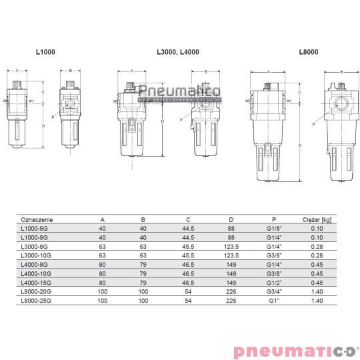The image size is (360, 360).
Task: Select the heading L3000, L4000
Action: (x=177, y=51)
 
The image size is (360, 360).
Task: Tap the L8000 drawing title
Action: (x=309, y=51)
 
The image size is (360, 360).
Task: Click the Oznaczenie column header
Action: (x=37, y=219)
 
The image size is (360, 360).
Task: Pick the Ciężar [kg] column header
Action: (x=317, y=219)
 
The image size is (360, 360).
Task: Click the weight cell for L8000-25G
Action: (x=317, y=301)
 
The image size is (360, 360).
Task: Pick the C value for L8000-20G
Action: (x=188, y=291)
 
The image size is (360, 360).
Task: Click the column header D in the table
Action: (x=230, y=219)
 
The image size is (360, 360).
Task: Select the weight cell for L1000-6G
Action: (x=317, y=227)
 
